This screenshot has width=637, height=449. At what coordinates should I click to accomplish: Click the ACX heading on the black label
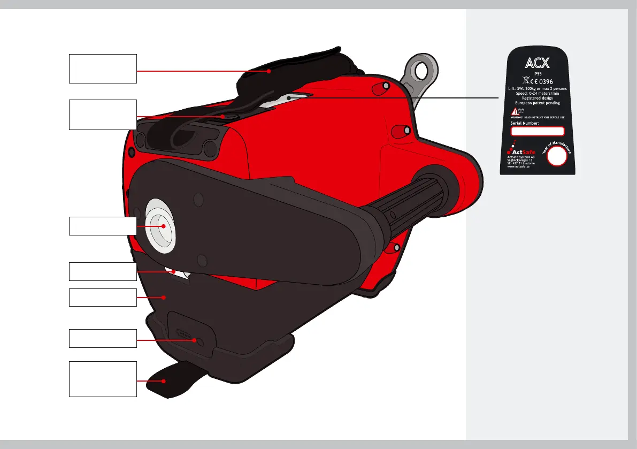[x=538, y=64]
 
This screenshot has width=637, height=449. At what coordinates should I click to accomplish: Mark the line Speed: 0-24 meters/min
[x=538, y=93]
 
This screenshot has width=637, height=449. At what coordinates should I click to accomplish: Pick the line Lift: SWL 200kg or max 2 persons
[x=538, y=88]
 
